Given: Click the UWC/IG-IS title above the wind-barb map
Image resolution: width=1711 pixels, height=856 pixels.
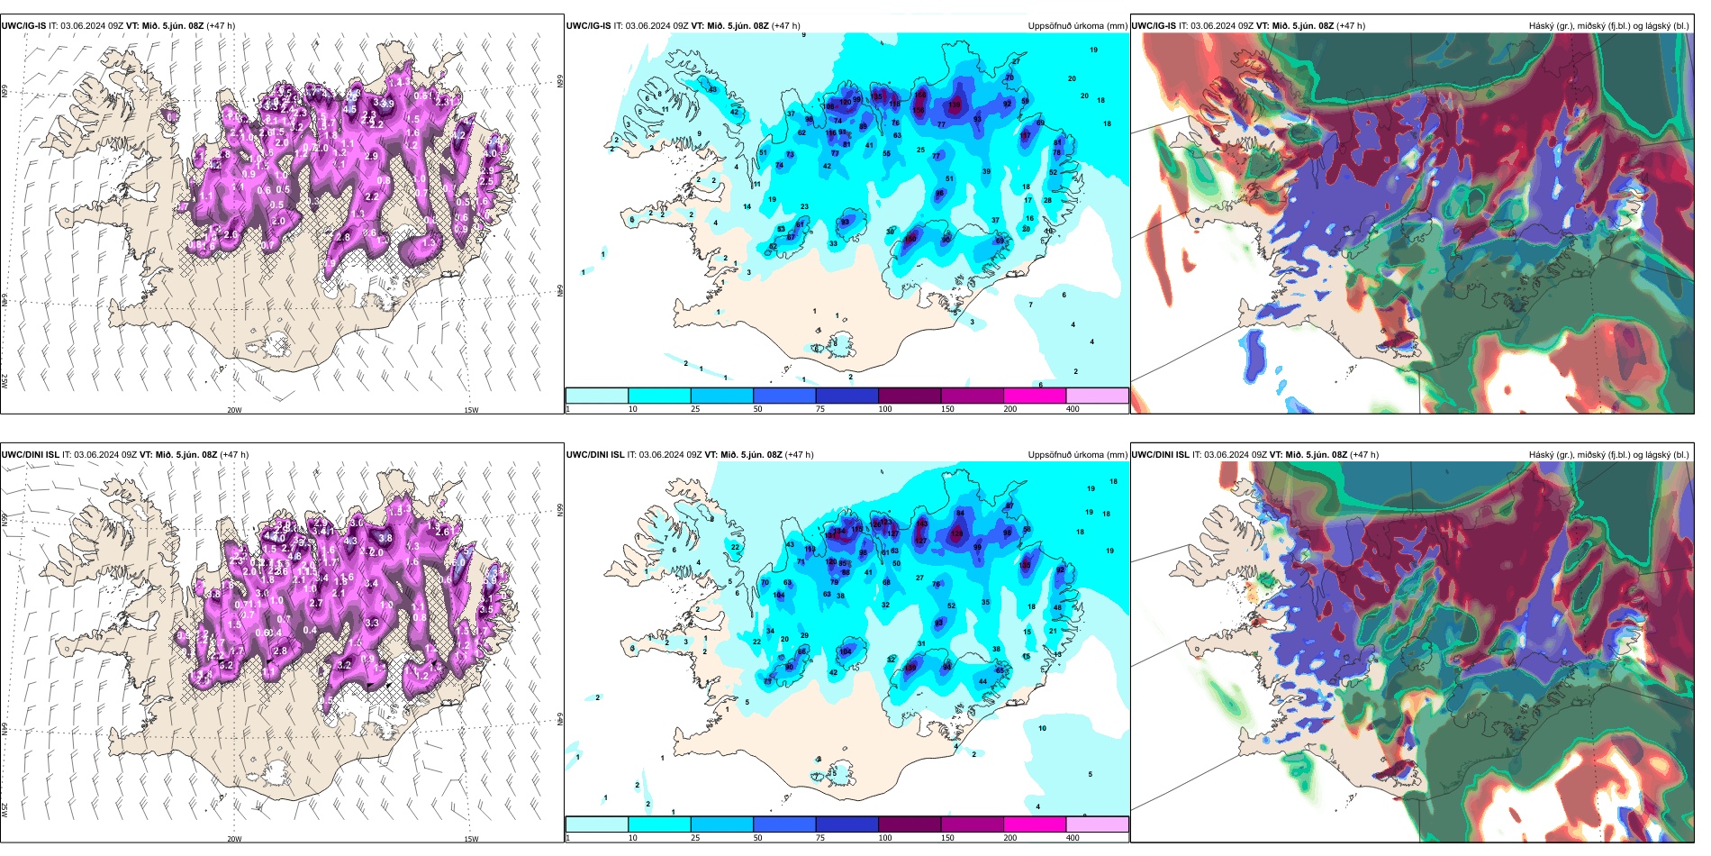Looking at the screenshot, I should [23, 26].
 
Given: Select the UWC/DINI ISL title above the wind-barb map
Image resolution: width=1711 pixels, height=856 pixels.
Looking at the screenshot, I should [30, 455].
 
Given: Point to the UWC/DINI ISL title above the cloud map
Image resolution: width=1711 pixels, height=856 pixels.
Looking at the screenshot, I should [1160, 455].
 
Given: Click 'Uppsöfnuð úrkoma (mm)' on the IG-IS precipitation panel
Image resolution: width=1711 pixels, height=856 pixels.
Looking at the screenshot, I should [1077, 26].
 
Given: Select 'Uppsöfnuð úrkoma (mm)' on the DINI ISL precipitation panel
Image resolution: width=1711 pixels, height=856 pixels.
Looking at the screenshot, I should [1077, 455].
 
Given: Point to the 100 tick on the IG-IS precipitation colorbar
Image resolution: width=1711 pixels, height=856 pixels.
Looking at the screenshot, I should [884, 409].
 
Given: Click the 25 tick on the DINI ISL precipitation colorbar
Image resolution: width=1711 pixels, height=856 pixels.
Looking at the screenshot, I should [694, 838].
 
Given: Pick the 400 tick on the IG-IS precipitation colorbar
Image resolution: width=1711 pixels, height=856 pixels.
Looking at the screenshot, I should [1073, 409].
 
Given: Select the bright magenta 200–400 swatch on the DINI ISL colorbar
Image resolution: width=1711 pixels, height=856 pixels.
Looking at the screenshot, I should [1035, 824].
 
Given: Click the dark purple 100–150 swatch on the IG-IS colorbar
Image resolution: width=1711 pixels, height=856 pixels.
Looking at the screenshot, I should [910, 396].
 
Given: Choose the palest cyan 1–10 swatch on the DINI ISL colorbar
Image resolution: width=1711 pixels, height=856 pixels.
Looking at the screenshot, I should [597, 824].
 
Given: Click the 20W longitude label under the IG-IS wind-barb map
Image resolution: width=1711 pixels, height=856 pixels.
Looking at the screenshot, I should [234, 410].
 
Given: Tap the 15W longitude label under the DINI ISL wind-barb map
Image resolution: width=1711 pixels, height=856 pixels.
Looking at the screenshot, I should [471, 839].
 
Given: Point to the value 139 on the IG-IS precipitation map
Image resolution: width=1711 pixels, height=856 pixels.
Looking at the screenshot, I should [955, 105].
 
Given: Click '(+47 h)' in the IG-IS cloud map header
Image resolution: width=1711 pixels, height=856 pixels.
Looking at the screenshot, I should [1351, 26].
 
